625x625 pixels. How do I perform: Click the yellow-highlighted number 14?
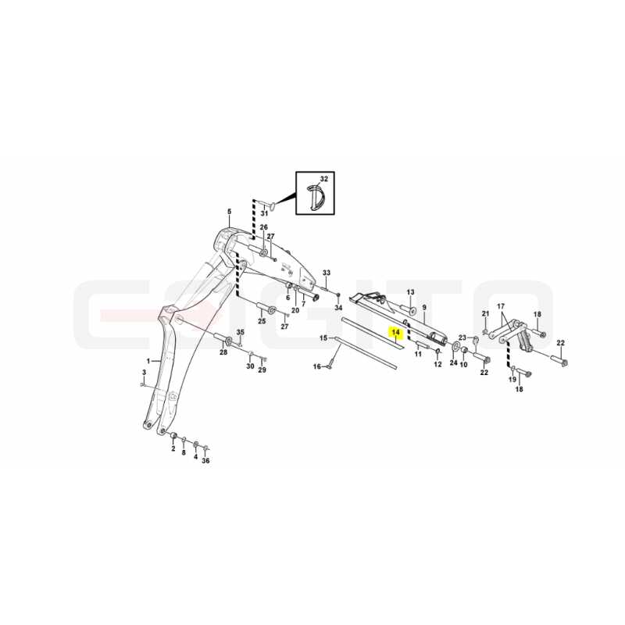pyautogui.click(x=396, y=332)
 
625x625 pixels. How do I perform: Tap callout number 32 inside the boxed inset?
pyautogui.click(x=324, y=179)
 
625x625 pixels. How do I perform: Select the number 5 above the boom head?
pyautogui.click(x=229, y=211)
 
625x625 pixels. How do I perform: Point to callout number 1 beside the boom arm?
pyautogui.click(x=148, y=361)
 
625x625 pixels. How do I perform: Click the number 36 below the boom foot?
pyautogui.click(x=205, y=461)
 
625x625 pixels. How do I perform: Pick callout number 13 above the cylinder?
pyautogui.click(x=411, y=292)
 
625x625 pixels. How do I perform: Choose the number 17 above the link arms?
pyautogui.click(x=501, y=306)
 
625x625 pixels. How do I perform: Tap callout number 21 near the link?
pyautogui.click(x=485, y=314)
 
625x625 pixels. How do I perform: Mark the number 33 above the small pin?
pyautogui.click(x=327, y=273)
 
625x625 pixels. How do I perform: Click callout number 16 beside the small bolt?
pyautogui.click(x=317, y=366)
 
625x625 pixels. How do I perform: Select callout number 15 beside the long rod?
pyautogui.click(x=323, y=338)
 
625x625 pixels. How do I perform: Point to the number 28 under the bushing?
pyautogui.click(x=223, y=352)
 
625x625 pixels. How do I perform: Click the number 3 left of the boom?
pyautogui.click(x=145, y=373)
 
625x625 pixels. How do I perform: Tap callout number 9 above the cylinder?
pyautogui.click(x=424, y=307)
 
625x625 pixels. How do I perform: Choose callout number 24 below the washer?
pyautogui.click(x=454, y=362)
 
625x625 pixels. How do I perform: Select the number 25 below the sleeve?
pyautogui.click(x=262, y=321)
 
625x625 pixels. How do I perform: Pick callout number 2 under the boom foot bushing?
pyautogui.click(x=173, y=448)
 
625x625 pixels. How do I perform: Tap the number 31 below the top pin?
pyautogui.click(x=264, y=213)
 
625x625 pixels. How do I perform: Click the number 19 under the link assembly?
pyautogui.click(x=512, y=380)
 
